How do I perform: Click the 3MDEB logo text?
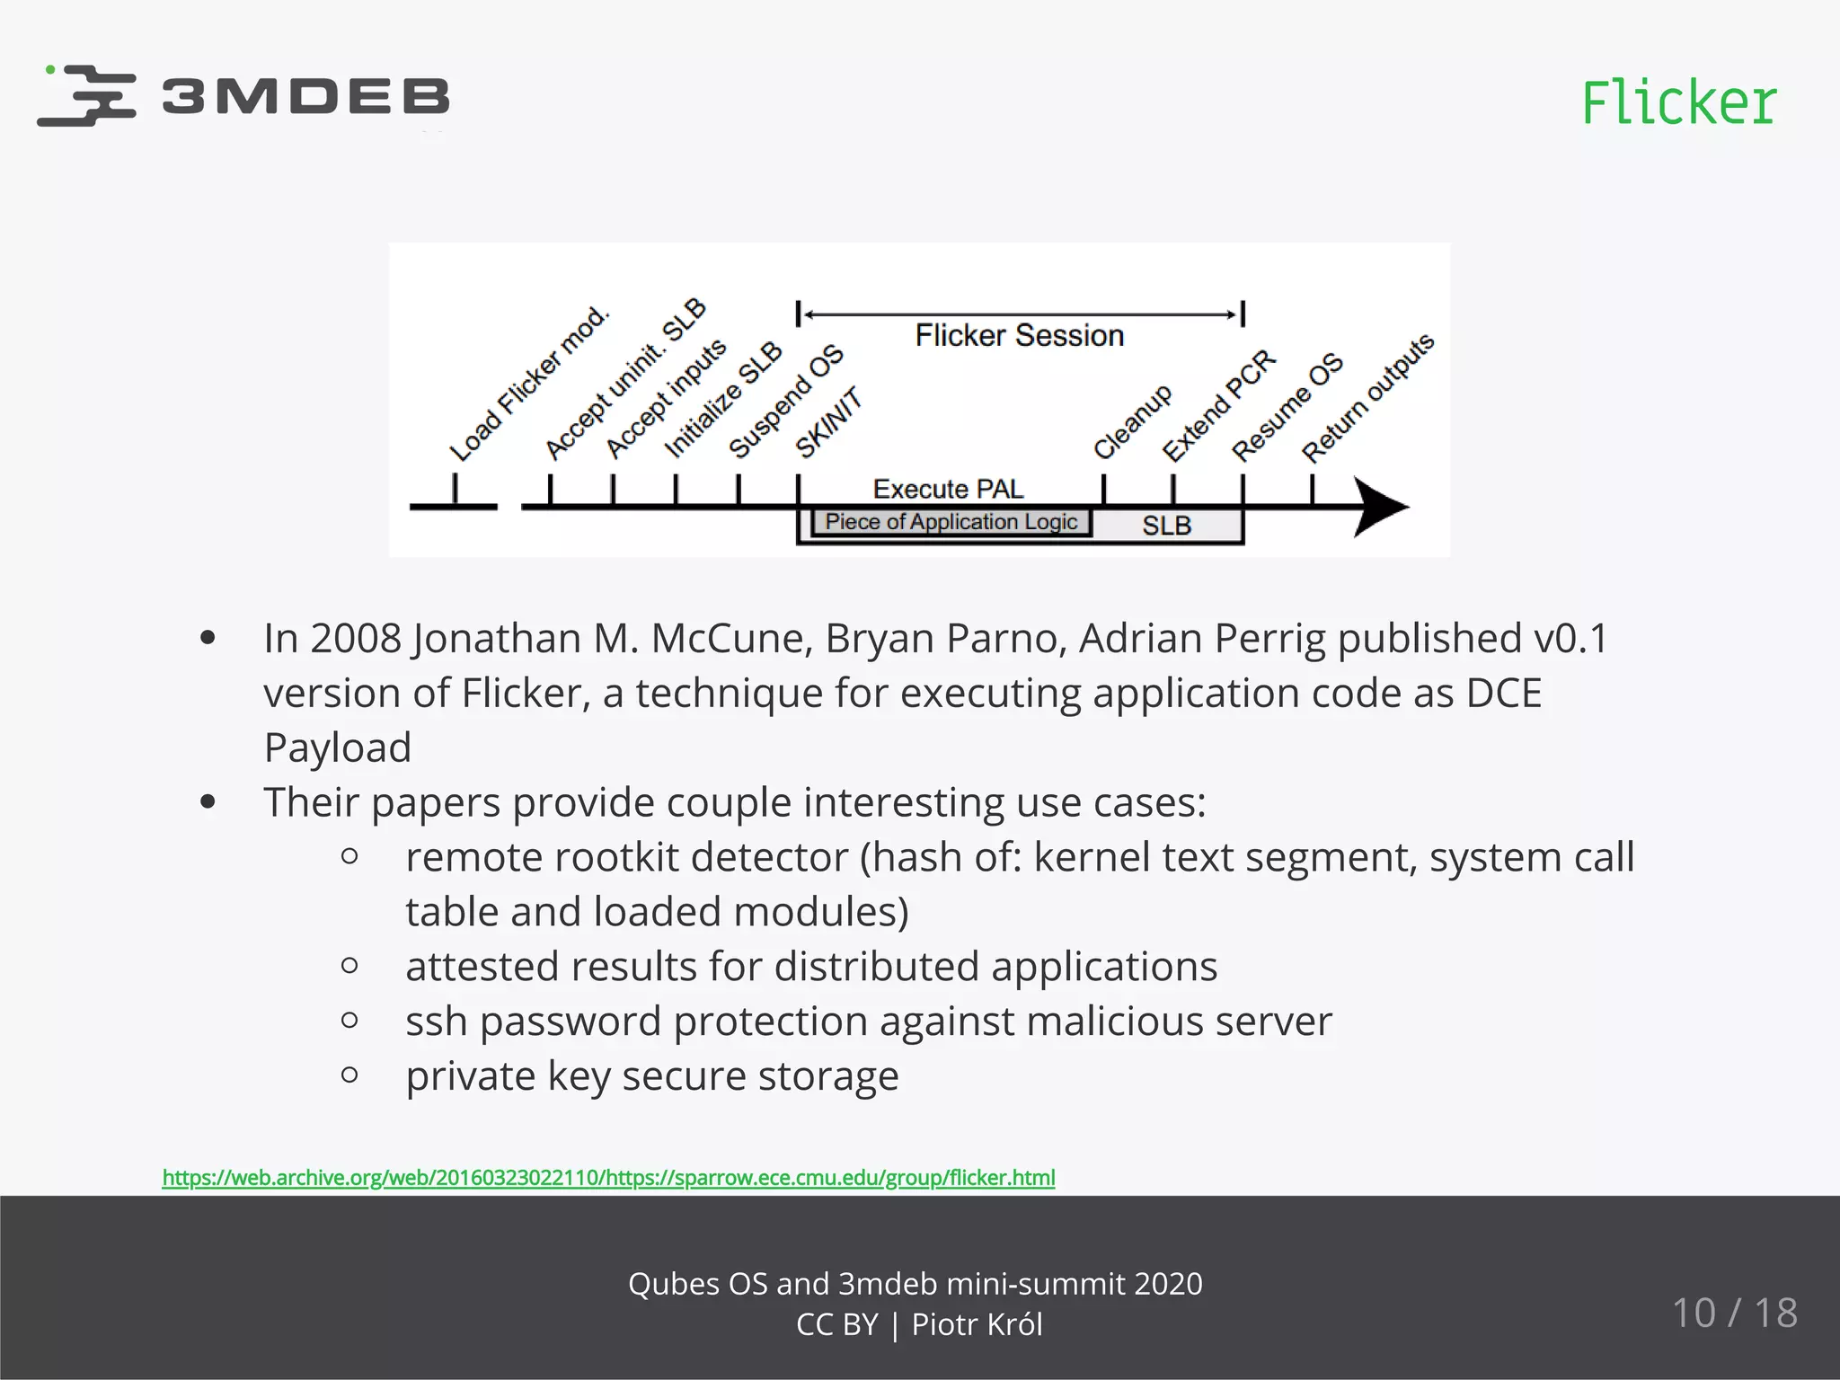coord(305,97)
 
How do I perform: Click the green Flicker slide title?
coord(1678,102)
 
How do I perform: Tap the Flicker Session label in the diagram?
coord(1019,336)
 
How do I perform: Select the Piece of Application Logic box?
coord(951,522)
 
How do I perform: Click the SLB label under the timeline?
coord(1166,526)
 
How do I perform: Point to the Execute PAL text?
coord(948,490)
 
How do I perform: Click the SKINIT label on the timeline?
coord(828,422)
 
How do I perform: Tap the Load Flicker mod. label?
coord(529,384)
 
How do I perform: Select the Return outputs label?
coord(1367,398)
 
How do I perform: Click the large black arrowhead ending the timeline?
coord(1379,508)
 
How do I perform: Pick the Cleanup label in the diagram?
coord(1132,421)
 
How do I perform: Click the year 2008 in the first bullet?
coord(355,639)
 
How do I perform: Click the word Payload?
coord(338,748)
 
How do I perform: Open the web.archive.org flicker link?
coord(608,1178)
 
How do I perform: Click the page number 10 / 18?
coord(1734,1313)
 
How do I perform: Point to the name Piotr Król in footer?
coord(977,1324)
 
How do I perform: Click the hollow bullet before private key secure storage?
coord(350,1075)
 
